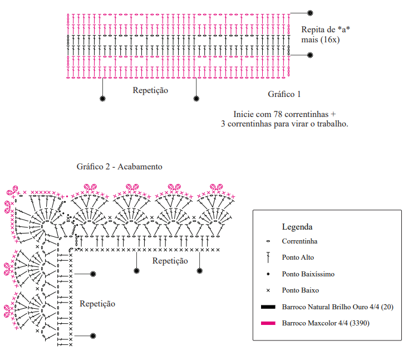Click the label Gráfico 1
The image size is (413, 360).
(284, 94)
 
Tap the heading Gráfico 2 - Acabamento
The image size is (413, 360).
(119, 167)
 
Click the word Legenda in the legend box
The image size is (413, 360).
(297, 227)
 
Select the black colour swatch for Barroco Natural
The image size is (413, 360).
(268, 307)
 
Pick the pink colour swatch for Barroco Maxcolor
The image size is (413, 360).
(268, 323)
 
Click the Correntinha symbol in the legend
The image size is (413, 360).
(268, 241)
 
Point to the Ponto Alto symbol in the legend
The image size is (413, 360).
(268, 257)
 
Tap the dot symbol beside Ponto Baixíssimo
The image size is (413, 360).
(268, 274)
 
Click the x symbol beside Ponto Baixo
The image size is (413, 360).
(268, 290)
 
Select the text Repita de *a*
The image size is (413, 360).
(326, 30)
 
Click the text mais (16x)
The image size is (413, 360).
(320, 40)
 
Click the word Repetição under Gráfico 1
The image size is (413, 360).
(150, 90)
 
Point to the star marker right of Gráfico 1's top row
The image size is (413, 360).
(310, 13)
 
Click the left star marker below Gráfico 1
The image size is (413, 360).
(102, 99)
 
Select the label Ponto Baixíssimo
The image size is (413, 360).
(308, 274)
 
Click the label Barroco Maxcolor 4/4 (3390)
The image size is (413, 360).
(326, 323)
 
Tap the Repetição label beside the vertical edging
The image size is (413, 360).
(97, 304)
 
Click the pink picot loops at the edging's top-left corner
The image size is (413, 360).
(12, 191)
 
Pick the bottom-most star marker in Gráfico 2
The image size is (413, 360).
(93, 335)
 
